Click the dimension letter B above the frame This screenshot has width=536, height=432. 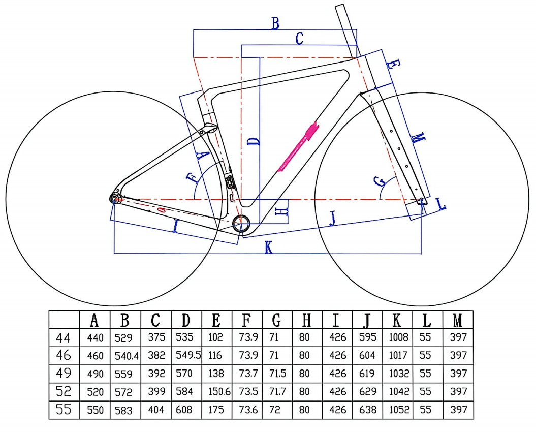tap(275, 23)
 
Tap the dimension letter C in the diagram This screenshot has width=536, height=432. tap(299, 38)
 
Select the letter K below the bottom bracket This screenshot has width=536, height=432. tap(269, 248)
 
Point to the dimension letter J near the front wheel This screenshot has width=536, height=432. tap(332, 219)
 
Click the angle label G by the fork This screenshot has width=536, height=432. tap(380, 181)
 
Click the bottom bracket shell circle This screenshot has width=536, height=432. tap(241, 224)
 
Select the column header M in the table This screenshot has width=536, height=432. tap(458, 320)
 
